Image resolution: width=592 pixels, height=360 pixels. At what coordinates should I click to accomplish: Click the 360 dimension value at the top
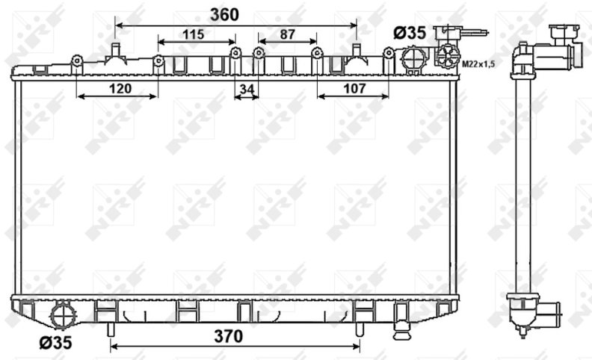224,15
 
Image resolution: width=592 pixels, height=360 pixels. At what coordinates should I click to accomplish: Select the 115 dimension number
194,34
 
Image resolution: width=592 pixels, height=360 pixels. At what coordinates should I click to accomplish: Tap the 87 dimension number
287,34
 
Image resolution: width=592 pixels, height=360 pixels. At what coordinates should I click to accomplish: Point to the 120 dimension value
120,89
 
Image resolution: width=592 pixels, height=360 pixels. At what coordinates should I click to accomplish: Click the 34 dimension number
247,90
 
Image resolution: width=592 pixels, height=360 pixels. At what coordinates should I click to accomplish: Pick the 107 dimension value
354,89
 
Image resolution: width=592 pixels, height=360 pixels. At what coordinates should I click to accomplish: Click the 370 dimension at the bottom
229,336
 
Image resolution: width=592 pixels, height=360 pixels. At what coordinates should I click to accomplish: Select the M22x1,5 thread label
478,64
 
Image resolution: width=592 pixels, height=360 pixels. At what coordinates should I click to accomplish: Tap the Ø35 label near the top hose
410,33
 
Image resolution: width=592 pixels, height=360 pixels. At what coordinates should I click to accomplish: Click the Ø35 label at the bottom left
55,343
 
